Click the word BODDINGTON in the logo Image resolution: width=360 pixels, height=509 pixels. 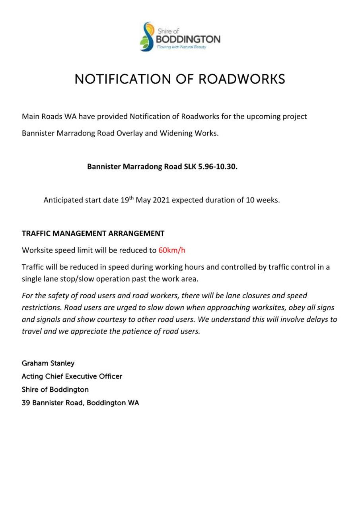coord(188,39)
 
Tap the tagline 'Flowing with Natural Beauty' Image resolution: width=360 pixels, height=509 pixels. coord(181,47)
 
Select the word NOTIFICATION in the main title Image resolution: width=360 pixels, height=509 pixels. coord(123,79)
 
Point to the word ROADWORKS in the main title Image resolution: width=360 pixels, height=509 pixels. coord(241,79)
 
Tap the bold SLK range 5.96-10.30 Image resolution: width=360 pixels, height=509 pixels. coord(218,167)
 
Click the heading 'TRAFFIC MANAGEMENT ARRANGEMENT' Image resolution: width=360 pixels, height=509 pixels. coord(93,233)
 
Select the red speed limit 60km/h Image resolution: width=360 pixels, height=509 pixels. coord(172,250)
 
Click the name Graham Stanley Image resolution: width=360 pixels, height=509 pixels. coord(48,363)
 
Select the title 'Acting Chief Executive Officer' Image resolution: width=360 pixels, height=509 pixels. coord(72,377)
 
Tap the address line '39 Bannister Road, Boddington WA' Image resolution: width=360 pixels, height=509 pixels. coord(80,403)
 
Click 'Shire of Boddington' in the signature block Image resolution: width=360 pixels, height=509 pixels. coord(55,390)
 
